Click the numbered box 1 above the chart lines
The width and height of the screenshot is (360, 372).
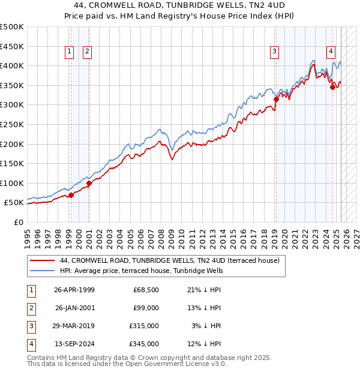tap(70, 52)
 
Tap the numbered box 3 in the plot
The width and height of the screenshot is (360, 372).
tap(274, 52)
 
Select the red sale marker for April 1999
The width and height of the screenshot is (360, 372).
tap(71, 195)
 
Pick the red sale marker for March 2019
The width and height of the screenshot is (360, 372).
tap(276, 99)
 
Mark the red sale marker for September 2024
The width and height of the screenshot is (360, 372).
tap(332, 88)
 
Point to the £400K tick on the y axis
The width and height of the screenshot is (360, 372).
tap(12, 66)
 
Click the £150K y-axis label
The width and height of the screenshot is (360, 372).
tap(12, 163)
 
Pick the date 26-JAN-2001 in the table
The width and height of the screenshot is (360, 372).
tap(74, 308)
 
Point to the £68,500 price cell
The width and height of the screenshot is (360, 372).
tap(146, 290)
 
